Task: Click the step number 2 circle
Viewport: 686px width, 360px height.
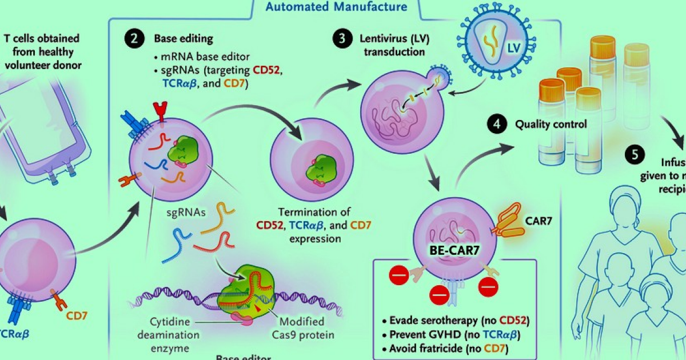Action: [x=133, y=40]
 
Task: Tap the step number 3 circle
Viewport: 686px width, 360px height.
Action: [x=341, y=40]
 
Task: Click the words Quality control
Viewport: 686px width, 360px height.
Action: [x=551, y=123]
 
